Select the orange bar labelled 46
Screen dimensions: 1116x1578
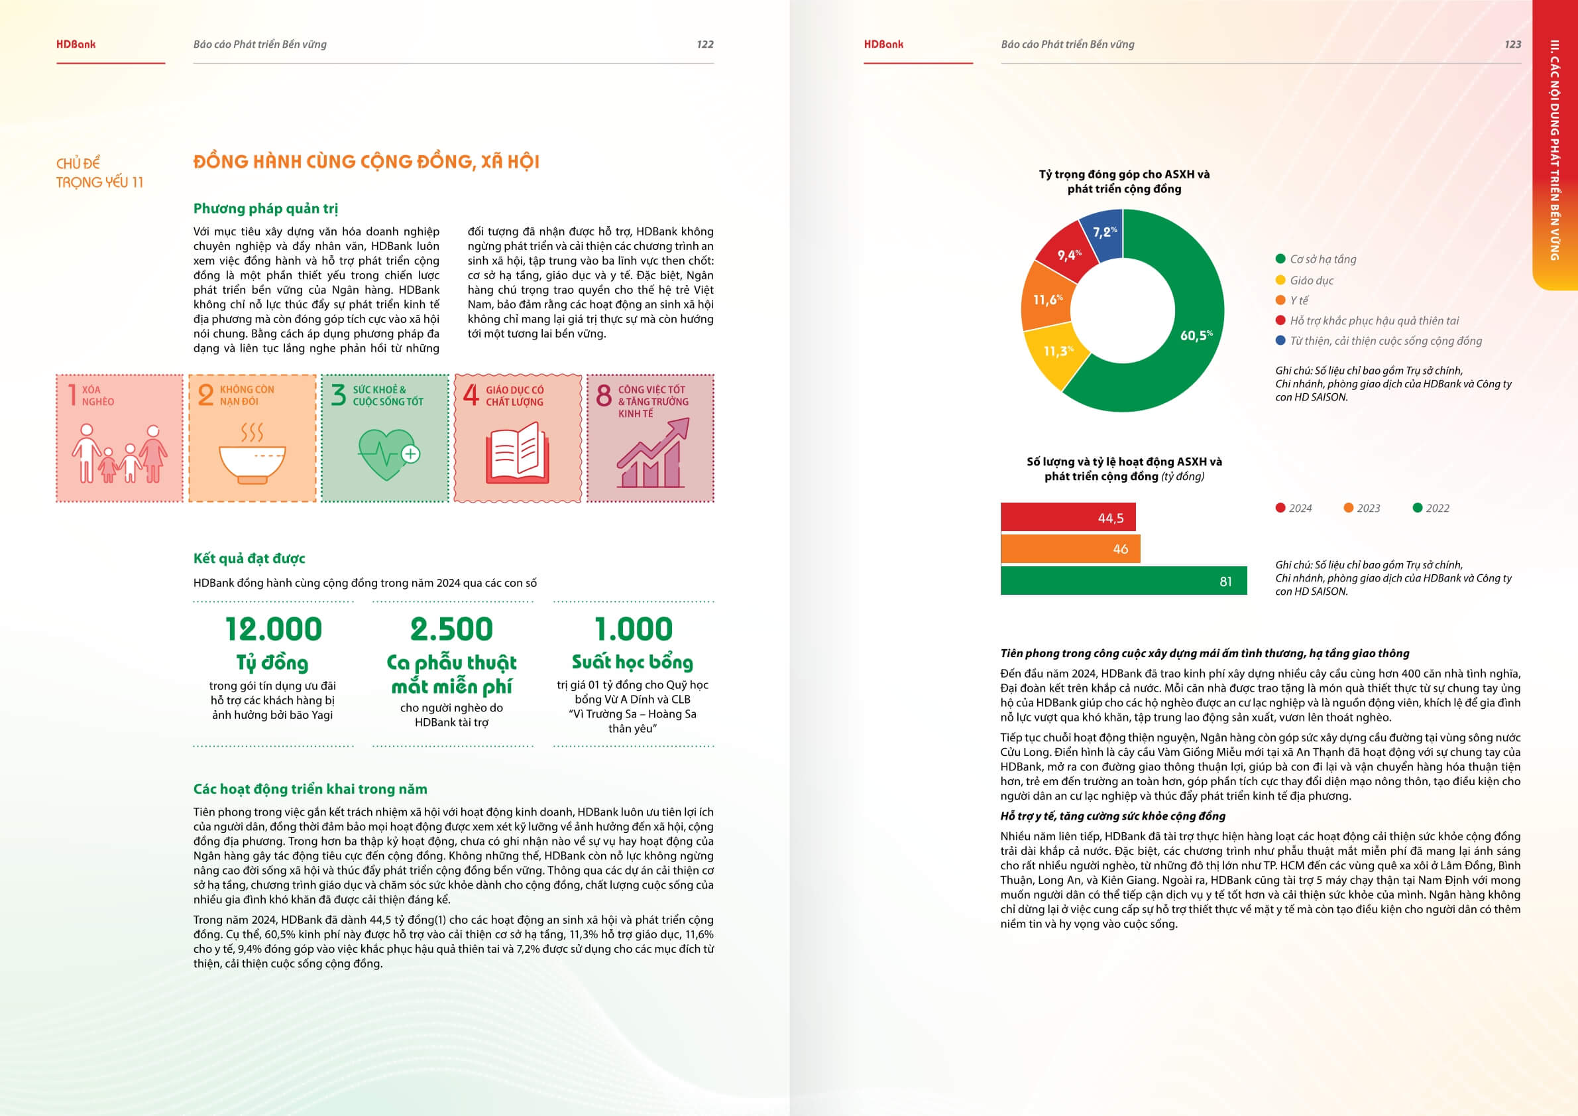[1070, 549]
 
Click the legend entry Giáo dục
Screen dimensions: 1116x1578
[1311, 280]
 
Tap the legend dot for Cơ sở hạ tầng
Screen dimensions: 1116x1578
[1280, 259]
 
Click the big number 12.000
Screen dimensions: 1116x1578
[274, 629]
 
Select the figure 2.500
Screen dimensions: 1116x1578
[451, 629]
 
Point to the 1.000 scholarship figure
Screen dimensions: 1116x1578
[633, 629]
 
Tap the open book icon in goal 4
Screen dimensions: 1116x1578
[517, 453]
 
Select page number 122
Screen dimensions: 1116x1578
[704, 44]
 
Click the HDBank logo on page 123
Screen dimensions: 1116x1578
[883, 44]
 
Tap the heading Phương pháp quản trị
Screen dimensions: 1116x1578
[265, 208]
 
